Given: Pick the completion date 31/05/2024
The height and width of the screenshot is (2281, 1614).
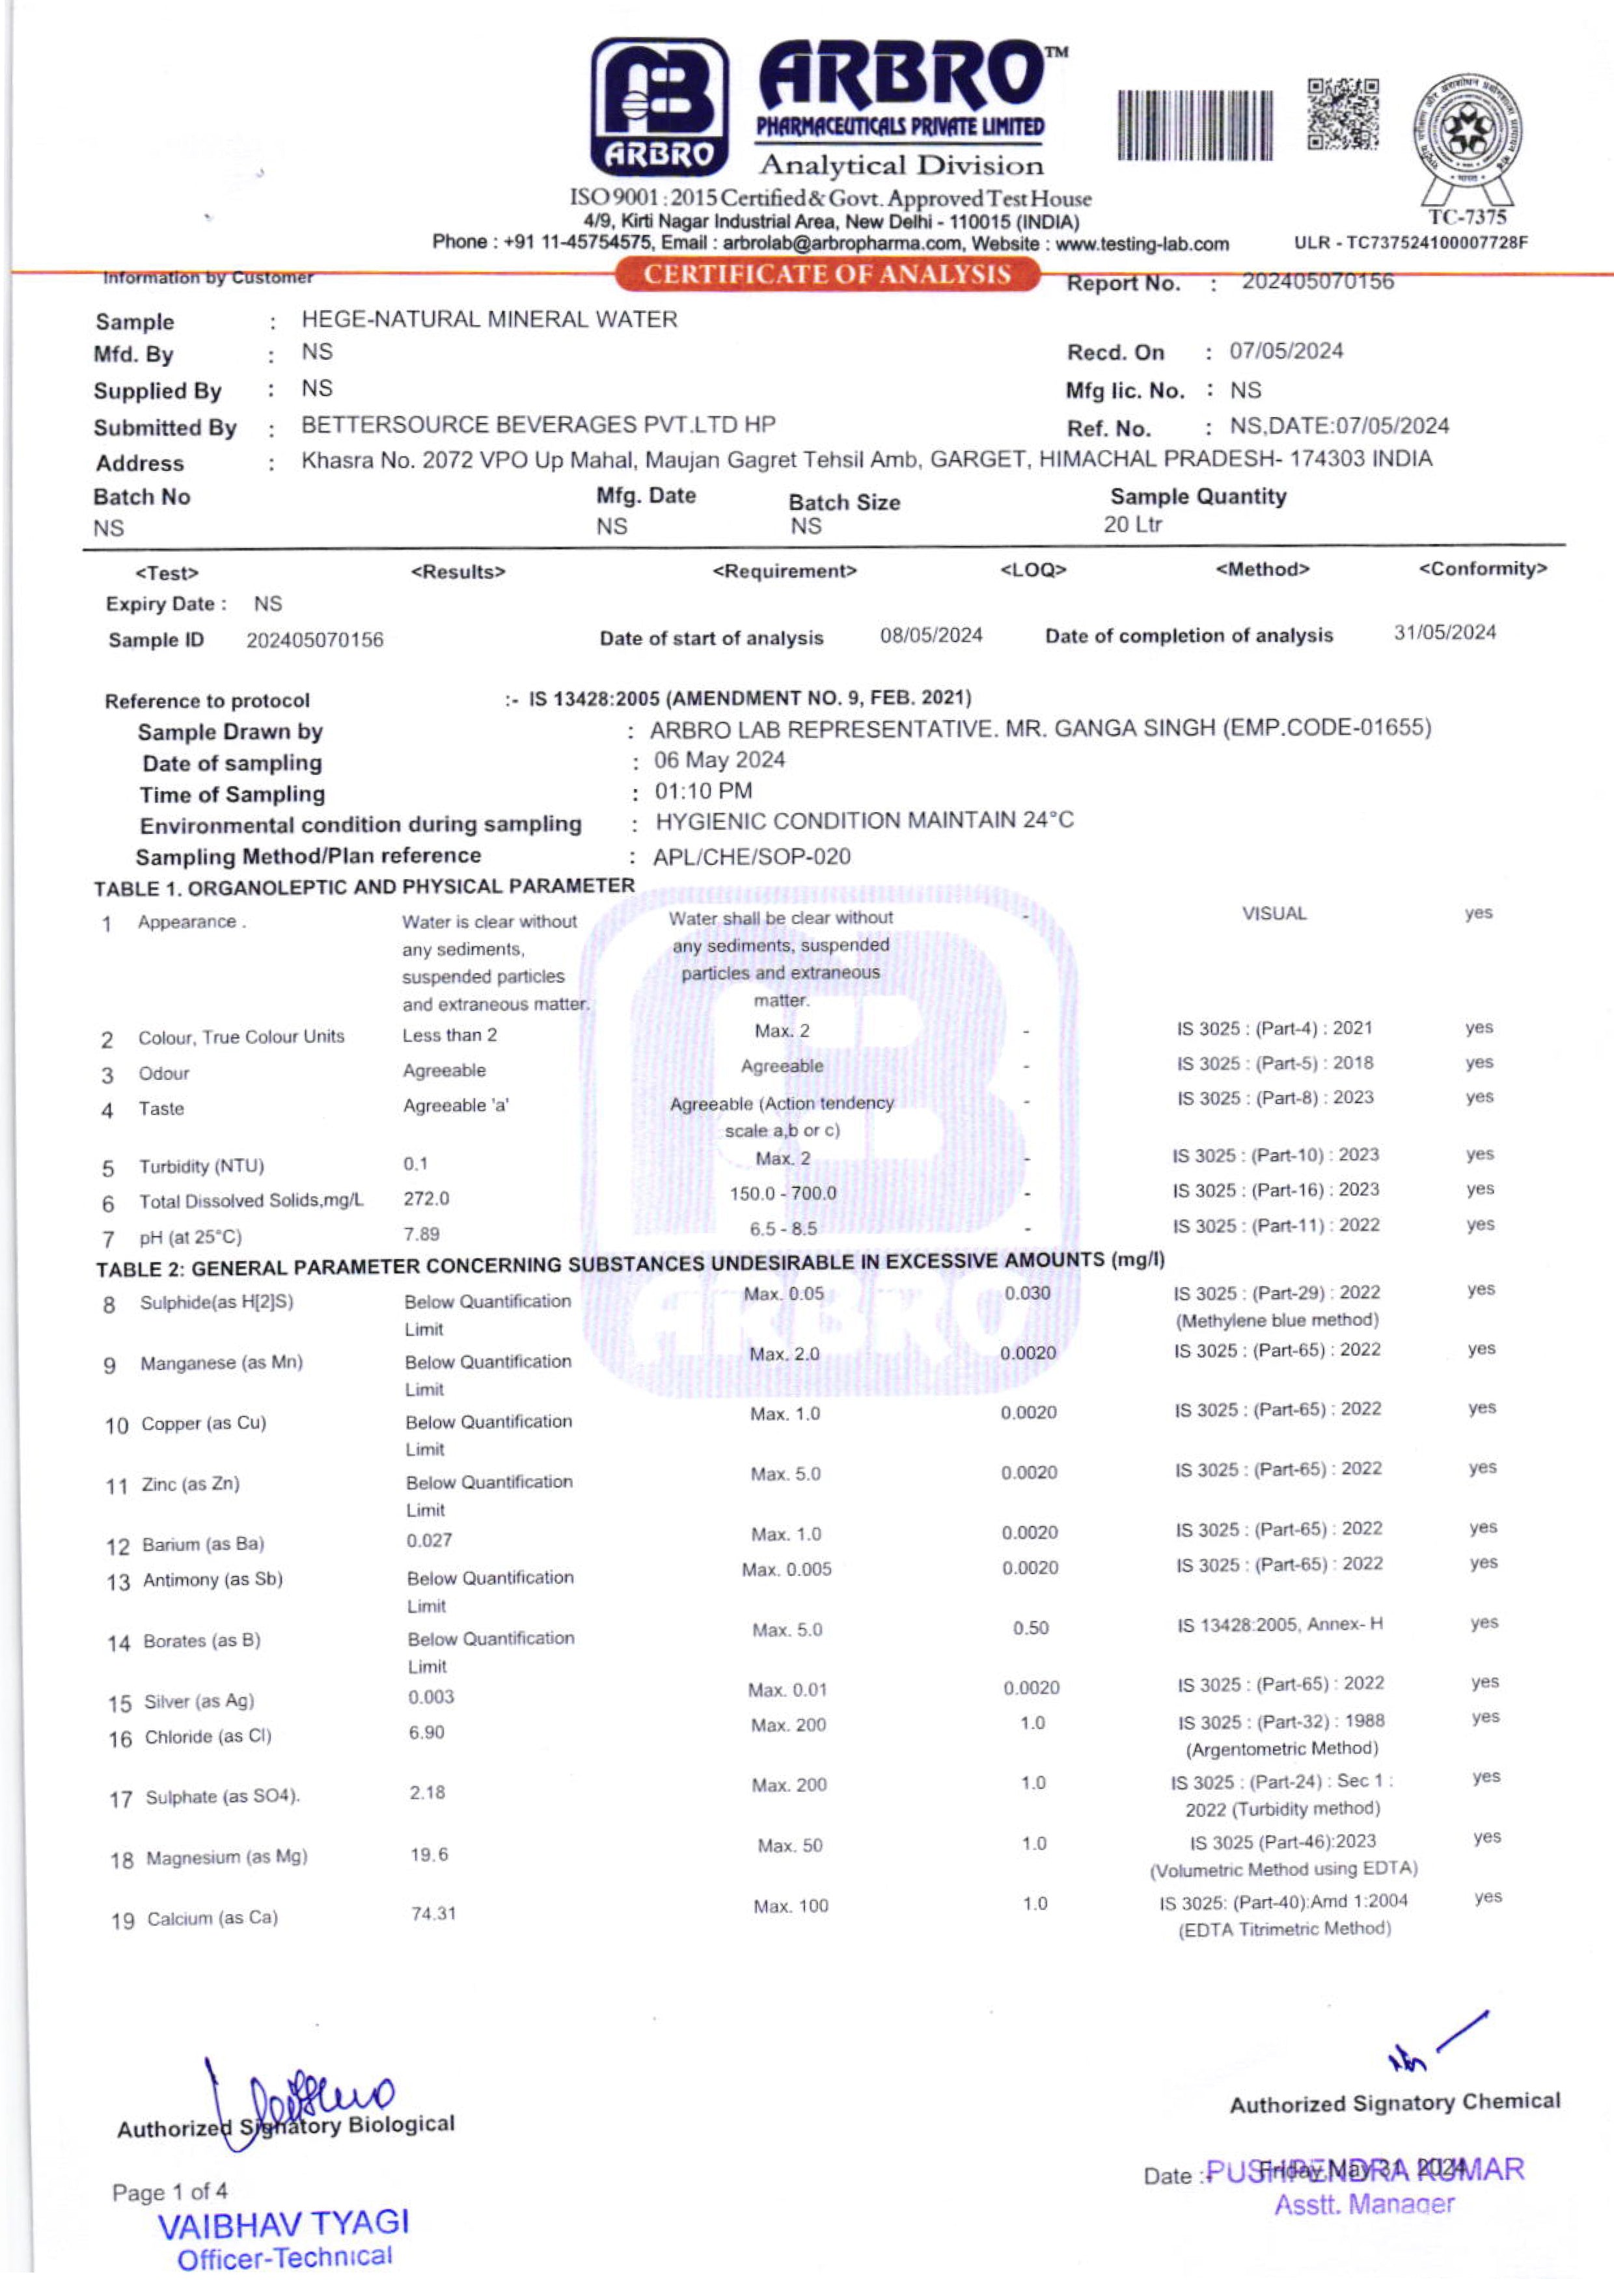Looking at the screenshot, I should (1444, 633).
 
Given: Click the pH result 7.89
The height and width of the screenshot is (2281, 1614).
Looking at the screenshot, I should (421, 1234).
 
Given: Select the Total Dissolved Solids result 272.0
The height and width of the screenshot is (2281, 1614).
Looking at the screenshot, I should (426, 1198).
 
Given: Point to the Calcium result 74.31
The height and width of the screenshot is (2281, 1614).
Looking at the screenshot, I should (433, 1913).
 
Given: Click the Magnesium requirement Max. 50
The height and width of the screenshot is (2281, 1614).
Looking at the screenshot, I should (789, 1846).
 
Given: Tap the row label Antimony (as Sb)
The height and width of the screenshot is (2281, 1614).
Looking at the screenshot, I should (213, 1580).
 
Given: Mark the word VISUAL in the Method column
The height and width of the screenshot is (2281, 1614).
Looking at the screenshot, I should (1274, 913).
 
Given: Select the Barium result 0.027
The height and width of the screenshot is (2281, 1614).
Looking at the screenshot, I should (430, 1541).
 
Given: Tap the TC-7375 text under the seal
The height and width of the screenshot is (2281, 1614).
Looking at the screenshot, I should (1467, 217).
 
